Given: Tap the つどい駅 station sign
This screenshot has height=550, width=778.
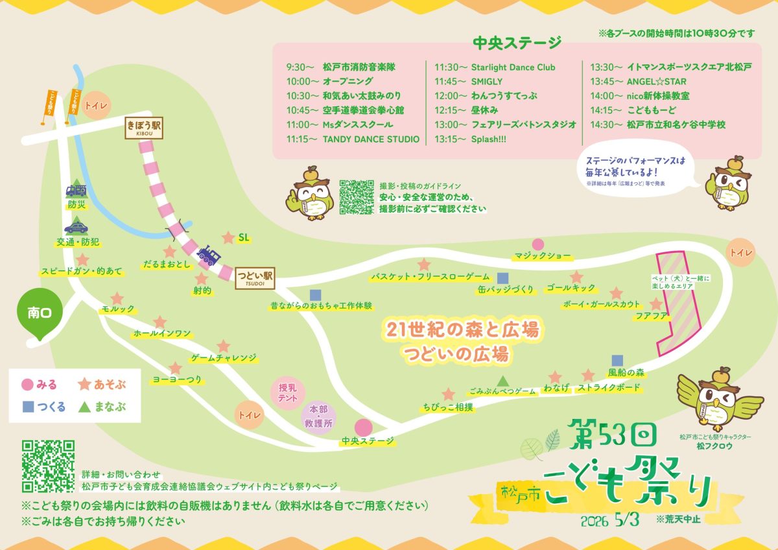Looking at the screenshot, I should pyautogui.click(x=255, y=278).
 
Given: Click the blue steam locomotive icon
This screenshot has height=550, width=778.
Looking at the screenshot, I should pyautogui.click(x=209, y=256).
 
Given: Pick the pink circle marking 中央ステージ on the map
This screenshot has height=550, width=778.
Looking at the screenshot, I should pyautogui.click(x=363, y=427).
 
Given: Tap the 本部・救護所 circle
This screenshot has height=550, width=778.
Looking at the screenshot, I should pyautogui.click(x=318, y=416).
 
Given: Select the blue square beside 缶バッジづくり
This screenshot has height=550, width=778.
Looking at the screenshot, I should pyautogui.click(x=502, y=277).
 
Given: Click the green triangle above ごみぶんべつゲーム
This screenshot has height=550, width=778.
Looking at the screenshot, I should pyautogui.click(x=502, y=380).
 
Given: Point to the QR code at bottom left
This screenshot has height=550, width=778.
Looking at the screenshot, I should pyautogui.click(x=49, y=466).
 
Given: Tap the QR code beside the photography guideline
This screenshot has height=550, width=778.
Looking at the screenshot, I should pyautogui.click(x=357, y=197).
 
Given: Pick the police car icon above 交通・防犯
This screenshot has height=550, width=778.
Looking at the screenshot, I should pyautogui.click(x=77, y=228).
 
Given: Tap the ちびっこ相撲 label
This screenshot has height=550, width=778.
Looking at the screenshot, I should pyautogui.click(x=447, y=407).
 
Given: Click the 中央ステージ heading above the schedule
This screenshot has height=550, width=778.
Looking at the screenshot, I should pyautogui.click(x=517, y=43).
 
